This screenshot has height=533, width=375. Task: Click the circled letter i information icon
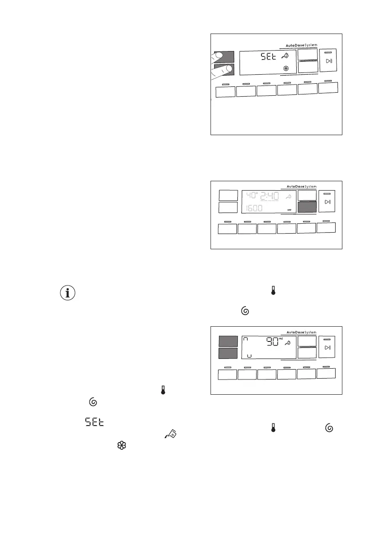coord(67,293)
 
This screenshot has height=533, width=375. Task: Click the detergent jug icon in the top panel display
coord(285,56)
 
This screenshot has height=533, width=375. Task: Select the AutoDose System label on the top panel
coord(301,45)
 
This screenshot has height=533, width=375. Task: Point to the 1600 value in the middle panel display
coord(253,209)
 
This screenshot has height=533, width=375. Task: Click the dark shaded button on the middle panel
coord(307,207)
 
